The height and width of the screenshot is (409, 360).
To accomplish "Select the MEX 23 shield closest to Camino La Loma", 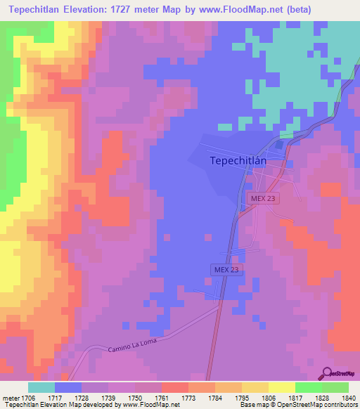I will pyautogui.click(x=226, y=270).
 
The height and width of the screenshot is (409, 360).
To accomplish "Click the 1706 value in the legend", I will pyautogui.click(x=28, y=398).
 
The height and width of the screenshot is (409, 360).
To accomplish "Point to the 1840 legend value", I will pyautogui.click(x=348, y=398).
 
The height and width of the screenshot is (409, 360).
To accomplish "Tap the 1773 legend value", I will pyautogui.click(x=188, y=398).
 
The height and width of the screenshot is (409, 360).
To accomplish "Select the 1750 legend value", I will pyautogui.click(x=135, y=398).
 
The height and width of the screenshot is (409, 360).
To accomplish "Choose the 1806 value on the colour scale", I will pyautogui.click(x=268, y=398).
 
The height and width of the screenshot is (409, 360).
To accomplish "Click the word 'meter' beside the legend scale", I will pyautogui.click(x=11, y=398).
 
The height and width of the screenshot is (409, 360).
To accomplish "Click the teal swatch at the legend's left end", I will pyautogui.click(x=41, y=387).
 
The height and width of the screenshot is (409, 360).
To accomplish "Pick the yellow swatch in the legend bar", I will pyautogui.click(x=281, y=387).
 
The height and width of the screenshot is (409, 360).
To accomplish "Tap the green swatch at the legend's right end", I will pyautogui.click(x=335, y=387).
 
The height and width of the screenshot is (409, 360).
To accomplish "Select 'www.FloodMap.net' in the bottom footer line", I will pyautogui.click(x=150, y=405).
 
